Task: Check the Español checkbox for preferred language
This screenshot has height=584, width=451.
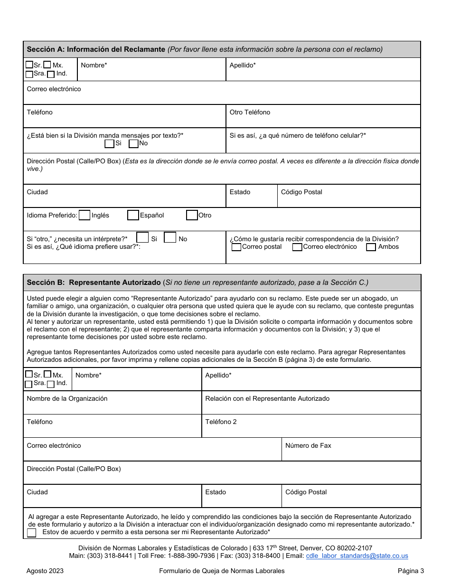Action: click(133, 216)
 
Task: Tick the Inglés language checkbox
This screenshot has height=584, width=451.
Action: click(85, 216)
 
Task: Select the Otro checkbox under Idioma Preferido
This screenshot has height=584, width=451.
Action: click(192, 216)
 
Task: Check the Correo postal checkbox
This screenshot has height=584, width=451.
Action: click(236, 247)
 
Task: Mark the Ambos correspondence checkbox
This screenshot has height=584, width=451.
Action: click(371, 247)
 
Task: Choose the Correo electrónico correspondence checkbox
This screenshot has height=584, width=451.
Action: click(297, 247)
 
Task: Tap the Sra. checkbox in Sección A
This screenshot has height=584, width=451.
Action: click(29, 74)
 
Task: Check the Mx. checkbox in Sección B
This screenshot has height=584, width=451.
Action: click(47, 374)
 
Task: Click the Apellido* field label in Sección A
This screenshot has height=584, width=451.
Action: click(243, 65)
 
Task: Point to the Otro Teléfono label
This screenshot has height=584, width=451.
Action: click(250, 112)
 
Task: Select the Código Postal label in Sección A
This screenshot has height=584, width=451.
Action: click(301, 192)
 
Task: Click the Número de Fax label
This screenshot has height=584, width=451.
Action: click(308, 445)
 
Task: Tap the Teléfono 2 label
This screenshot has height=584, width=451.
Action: click(221, 422)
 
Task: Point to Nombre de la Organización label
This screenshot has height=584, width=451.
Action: click(67, 398)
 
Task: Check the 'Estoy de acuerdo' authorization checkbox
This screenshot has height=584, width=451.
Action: click(32, 533)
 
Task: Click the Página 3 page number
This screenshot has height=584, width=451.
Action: click(411, 571)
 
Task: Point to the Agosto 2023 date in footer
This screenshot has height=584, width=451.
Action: click(45, 571)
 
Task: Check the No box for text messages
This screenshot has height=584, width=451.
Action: click(133, 143)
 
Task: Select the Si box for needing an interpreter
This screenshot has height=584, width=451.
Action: click(142, 237)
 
